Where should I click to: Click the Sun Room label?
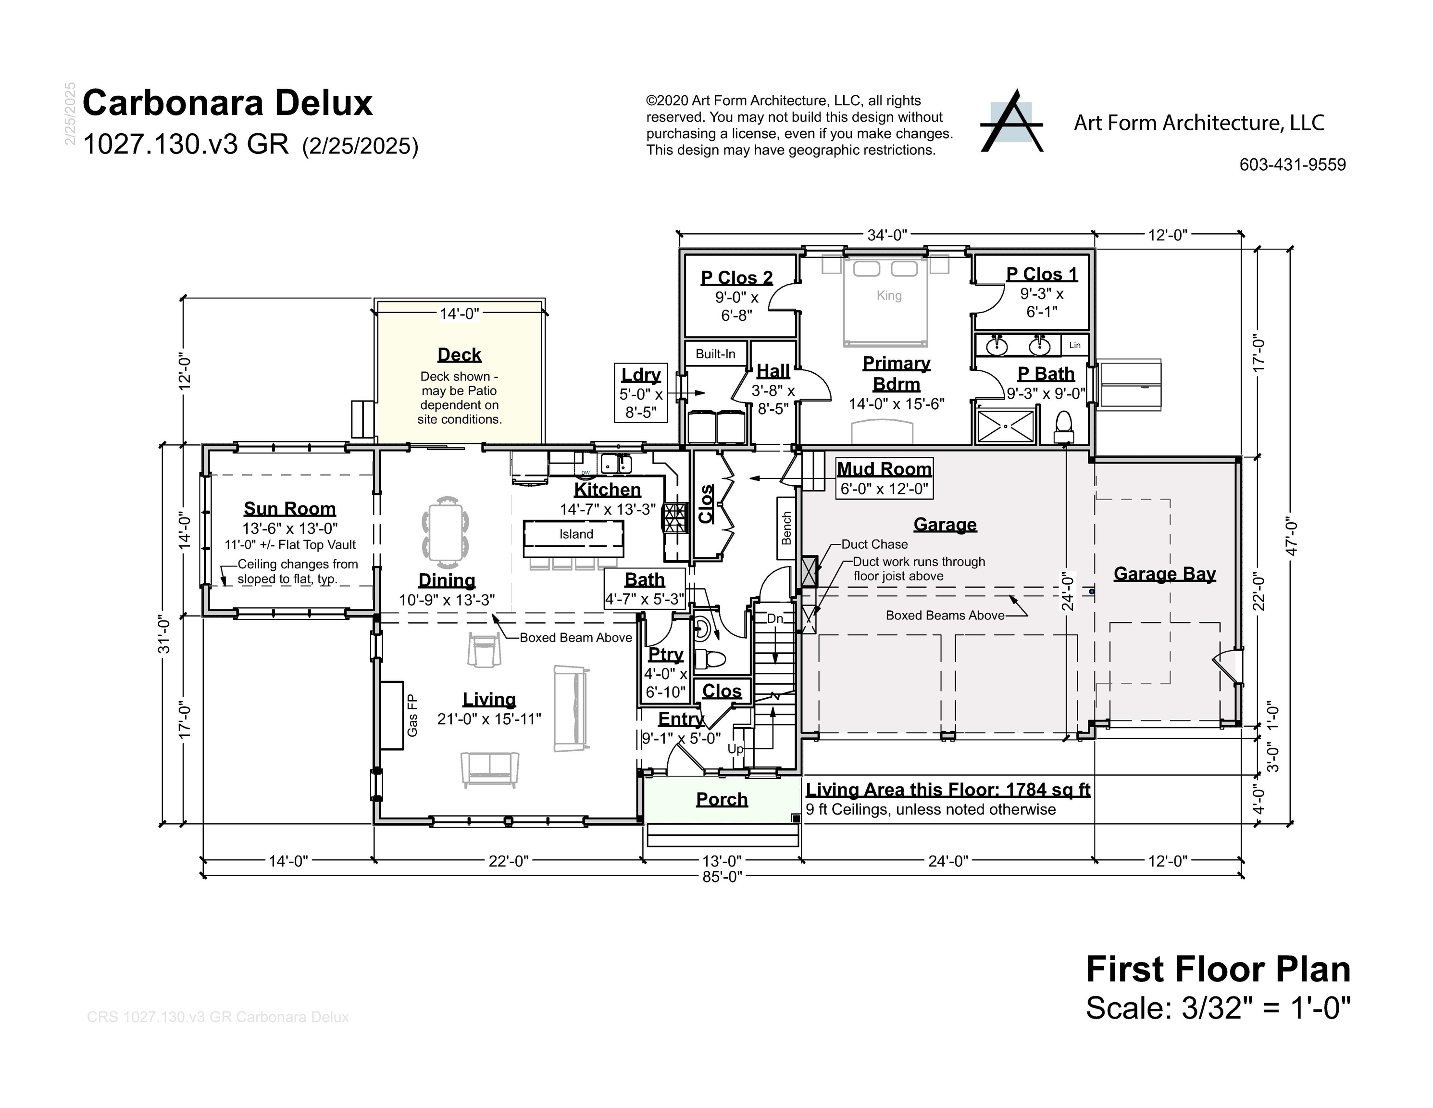point(289,509)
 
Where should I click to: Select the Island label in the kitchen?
point(576,534)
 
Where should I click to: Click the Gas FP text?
point(412,716)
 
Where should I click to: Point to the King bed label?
point(889,295)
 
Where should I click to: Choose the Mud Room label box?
point(884,478)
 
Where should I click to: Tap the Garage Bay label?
point(1165,574)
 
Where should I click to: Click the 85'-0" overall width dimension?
point(722,876)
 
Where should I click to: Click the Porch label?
point(722,799)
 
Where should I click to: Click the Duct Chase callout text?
point(874,544)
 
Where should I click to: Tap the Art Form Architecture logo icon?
point(1011,122)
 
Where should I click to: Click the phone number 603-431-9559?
point(1292,165)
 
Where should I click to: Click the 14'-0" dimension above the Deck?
point(459,314)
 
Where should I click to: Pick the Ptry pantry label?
point(665,655)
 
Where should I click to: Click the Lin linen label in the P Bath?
point(1075,345)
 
